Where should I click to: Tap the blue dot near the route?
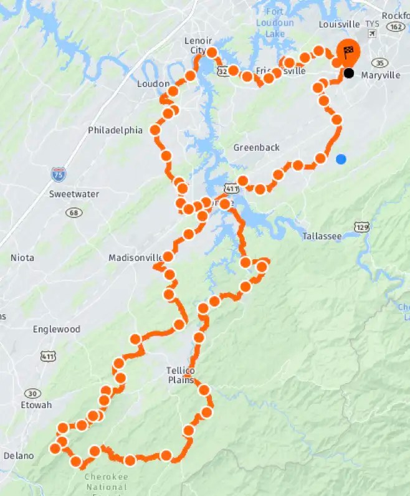coord(341,159)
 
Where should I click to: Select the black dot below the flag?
coord(349,73)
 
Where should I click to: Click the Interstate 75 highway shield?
coord(59,174)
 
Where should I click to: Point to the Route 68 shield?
coord(74,212)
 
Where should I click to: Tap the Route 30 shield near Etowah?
coord(32,393)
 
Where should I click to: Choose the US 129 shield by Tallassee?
coord(361,227)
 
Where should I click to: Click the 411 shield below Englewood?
coord(48,356)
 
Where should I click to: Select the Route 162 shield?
coord(395,26)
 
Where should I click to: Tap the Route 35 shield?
coord(379,62)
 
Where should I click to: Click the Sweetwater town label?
coord(74,194)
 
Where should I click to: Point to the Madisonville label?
coord(135,257)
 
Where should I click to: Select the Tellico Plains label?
coord(180,375)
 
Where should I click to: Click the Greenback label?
coord(256,148)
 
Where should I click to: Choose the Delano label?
coord(19,455)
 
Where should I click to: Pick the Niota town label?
coord(22,257)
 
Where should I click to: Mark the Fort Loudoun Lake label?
coord(275,24)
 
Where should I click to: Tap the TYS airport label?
coord(372,24)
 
